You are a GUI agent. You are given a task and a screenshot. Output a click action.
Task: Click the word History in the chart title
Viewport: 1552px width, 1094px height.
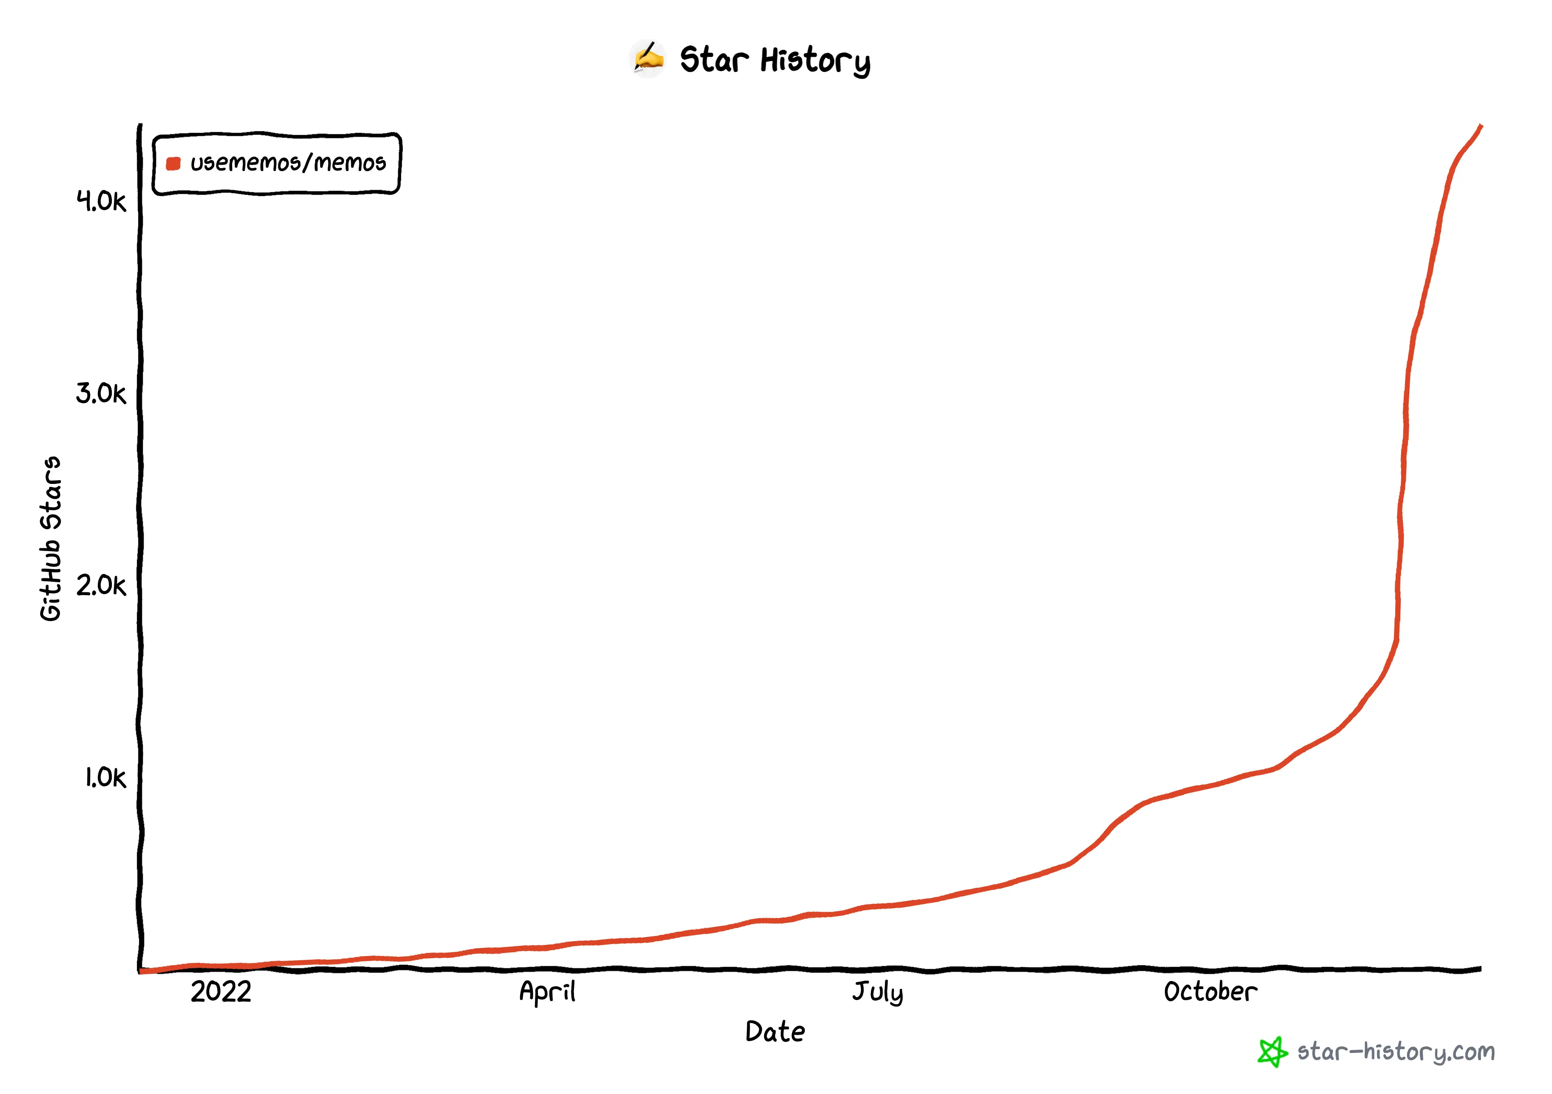point(815,61)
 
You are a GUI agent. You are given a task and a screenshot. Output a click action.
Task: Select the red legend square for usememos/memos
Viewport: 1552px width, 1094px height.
point(173,163)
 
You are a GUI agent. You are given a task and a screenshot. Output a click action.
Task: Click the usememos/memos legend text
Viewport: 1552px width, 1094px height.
point(288,163)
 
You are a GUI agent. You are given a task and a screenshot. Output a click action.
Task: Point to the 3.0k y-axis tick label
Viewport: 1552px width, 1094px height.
point(101,393)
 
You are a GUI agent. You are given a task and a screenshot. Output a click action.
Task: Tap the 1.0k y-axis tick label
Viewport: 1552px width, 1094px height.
point(105,778)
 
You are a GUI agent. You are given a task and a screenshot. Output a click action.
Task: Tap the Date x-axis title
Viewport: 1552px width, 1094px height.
point(775,1032)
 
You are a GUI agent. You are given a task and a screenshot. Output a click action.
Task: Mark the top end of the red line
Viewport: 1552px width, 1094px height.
point(1481,126)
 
